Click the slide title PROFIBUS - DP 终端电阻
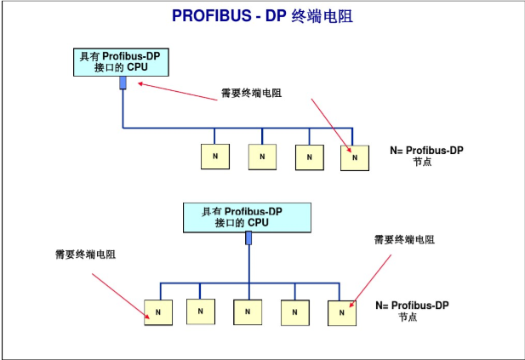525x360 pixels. [x=262, y=15]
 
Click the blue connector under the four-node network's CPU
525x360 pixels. [x=123, y=83]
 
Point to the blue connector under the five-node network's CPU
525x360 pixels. [x=248, y=238]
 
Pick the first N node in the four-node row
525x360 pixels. [x=214, y=157]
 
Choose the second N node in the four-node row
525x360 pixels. [x=262, y=157]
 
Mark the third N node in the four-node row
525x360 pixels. [x=309, y=157]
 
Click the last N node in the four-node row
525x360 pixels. [x=354, y=157]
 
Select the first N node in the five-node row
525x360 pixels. [x=158, y=312]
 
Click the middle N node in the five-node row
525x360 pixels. [x=248, y=311]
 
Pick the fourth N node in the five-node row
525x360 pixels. [x=294, y=311]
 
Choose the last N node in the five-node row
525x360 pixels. [x=341, y=312]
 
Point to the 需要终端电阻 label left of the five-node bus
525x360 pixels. [x=85, y=254]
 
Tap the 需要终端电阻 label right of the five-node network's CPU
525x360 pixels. [x=404, y=240]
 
